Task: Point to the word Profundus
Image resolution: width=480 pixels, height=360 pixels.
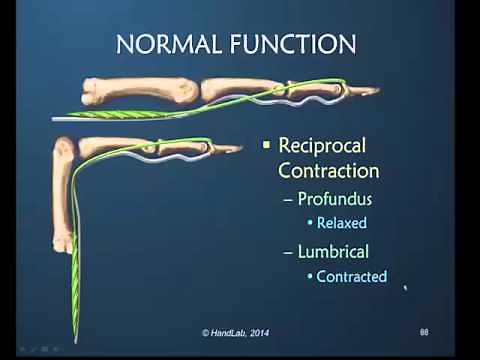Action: click(335, 199)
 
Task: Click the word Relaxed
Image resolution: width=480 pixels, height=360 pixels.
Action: click(342, 223)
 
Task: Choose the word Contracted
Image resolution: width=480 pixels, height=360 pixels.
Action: click(351, 277)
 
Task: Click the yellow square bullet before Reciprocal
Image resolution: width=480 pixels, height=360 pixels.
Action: click(266, 146)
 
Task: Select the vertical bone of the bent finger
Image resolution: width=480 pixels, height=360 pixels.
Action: click(62, 194)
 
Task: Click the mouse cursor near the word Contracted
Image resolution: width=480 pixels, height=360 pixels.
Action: click(405, 290)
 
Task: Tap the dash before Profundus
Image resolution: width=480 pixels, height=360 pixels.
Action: click(289, 200)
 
